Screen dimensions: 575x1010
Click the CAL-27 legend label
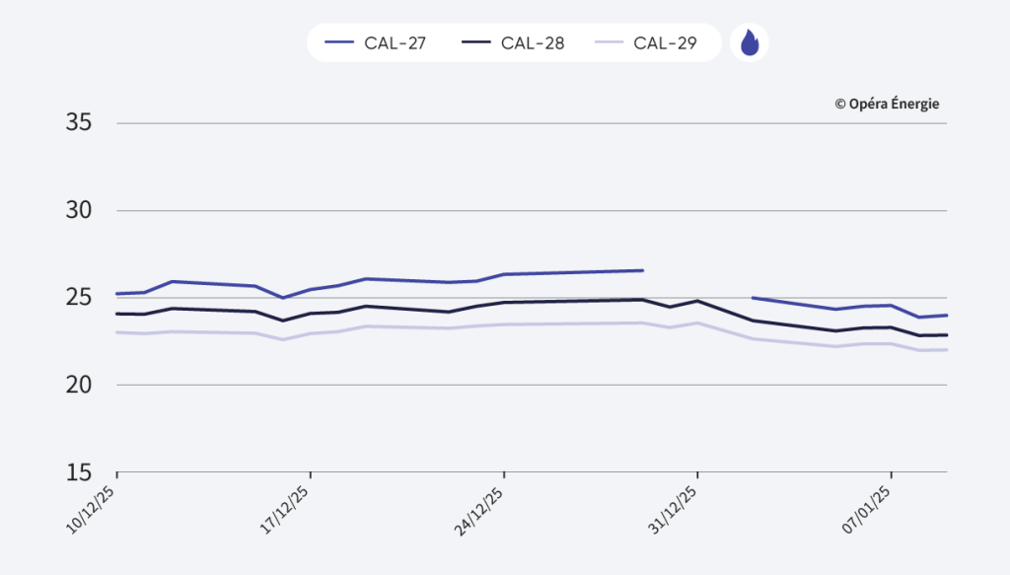396,43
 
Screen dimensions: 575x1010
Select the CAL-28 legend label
533,43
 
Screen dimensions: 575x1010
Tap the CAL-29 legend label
666,43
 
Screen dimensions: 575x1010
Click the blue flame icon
750,43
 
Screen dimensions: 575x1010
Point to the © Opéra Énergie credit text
887,104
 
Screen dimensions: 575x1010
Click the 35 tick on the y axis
79,123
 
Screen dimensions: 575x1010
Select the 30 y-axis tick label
79,210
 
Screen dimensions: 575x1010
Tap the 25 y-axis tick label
79,297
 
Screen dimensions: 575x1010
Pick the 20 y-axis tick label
79,385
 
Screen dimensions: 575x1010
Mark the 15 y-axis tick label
79,471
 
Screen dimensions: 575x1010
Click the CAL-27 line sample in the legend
339,43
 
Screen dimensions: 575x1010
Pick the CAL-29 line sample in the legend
609,43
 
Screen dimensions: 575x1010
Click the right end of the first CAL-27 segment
642,270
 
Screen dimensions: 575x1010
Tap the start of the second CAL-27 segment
754,297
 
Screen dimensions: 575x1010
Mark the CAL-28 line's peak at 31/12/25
697,301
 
